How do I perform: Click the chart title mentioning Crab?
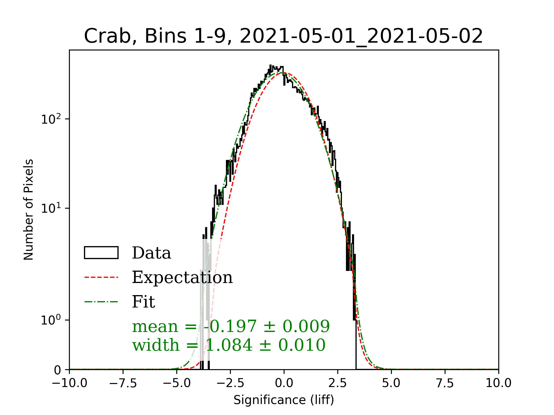(283, 36)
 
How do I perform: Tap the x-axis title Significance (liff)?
(284, 400)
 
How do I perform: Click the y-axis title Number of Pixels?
(29, 210)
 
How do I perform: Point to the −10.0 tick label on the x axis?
(70, 383)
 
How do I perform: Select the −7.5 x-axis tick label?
(123, 383)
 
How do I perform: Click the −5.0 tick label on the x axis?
(177, 383)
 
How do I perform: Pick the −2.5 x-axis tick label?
(230, 383)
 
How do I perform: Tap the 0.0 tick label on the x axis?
(284, 383)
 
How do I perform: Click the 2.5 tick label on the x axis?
(338, 383)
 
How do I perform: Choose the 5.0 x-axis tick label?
(391, 383)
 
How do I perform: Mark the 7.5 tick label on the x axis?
(445, 383)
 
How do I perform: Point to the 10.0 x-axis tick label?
(499, 383)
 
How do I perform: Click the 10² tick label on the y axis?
(51, 119)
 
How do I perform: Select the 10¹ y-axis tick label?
(51, 208)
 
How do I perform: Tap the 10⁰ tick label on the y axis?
(51, 320)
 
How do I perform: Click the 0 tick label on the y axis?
(58, 370)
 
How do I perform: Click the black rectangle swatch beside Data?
(101, 253)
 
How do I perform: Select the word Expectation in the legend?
(182, 277)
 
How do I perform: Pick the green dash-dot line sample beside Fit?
(101, 302)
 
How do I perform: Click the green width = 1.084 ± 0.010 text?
(229, 345)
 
